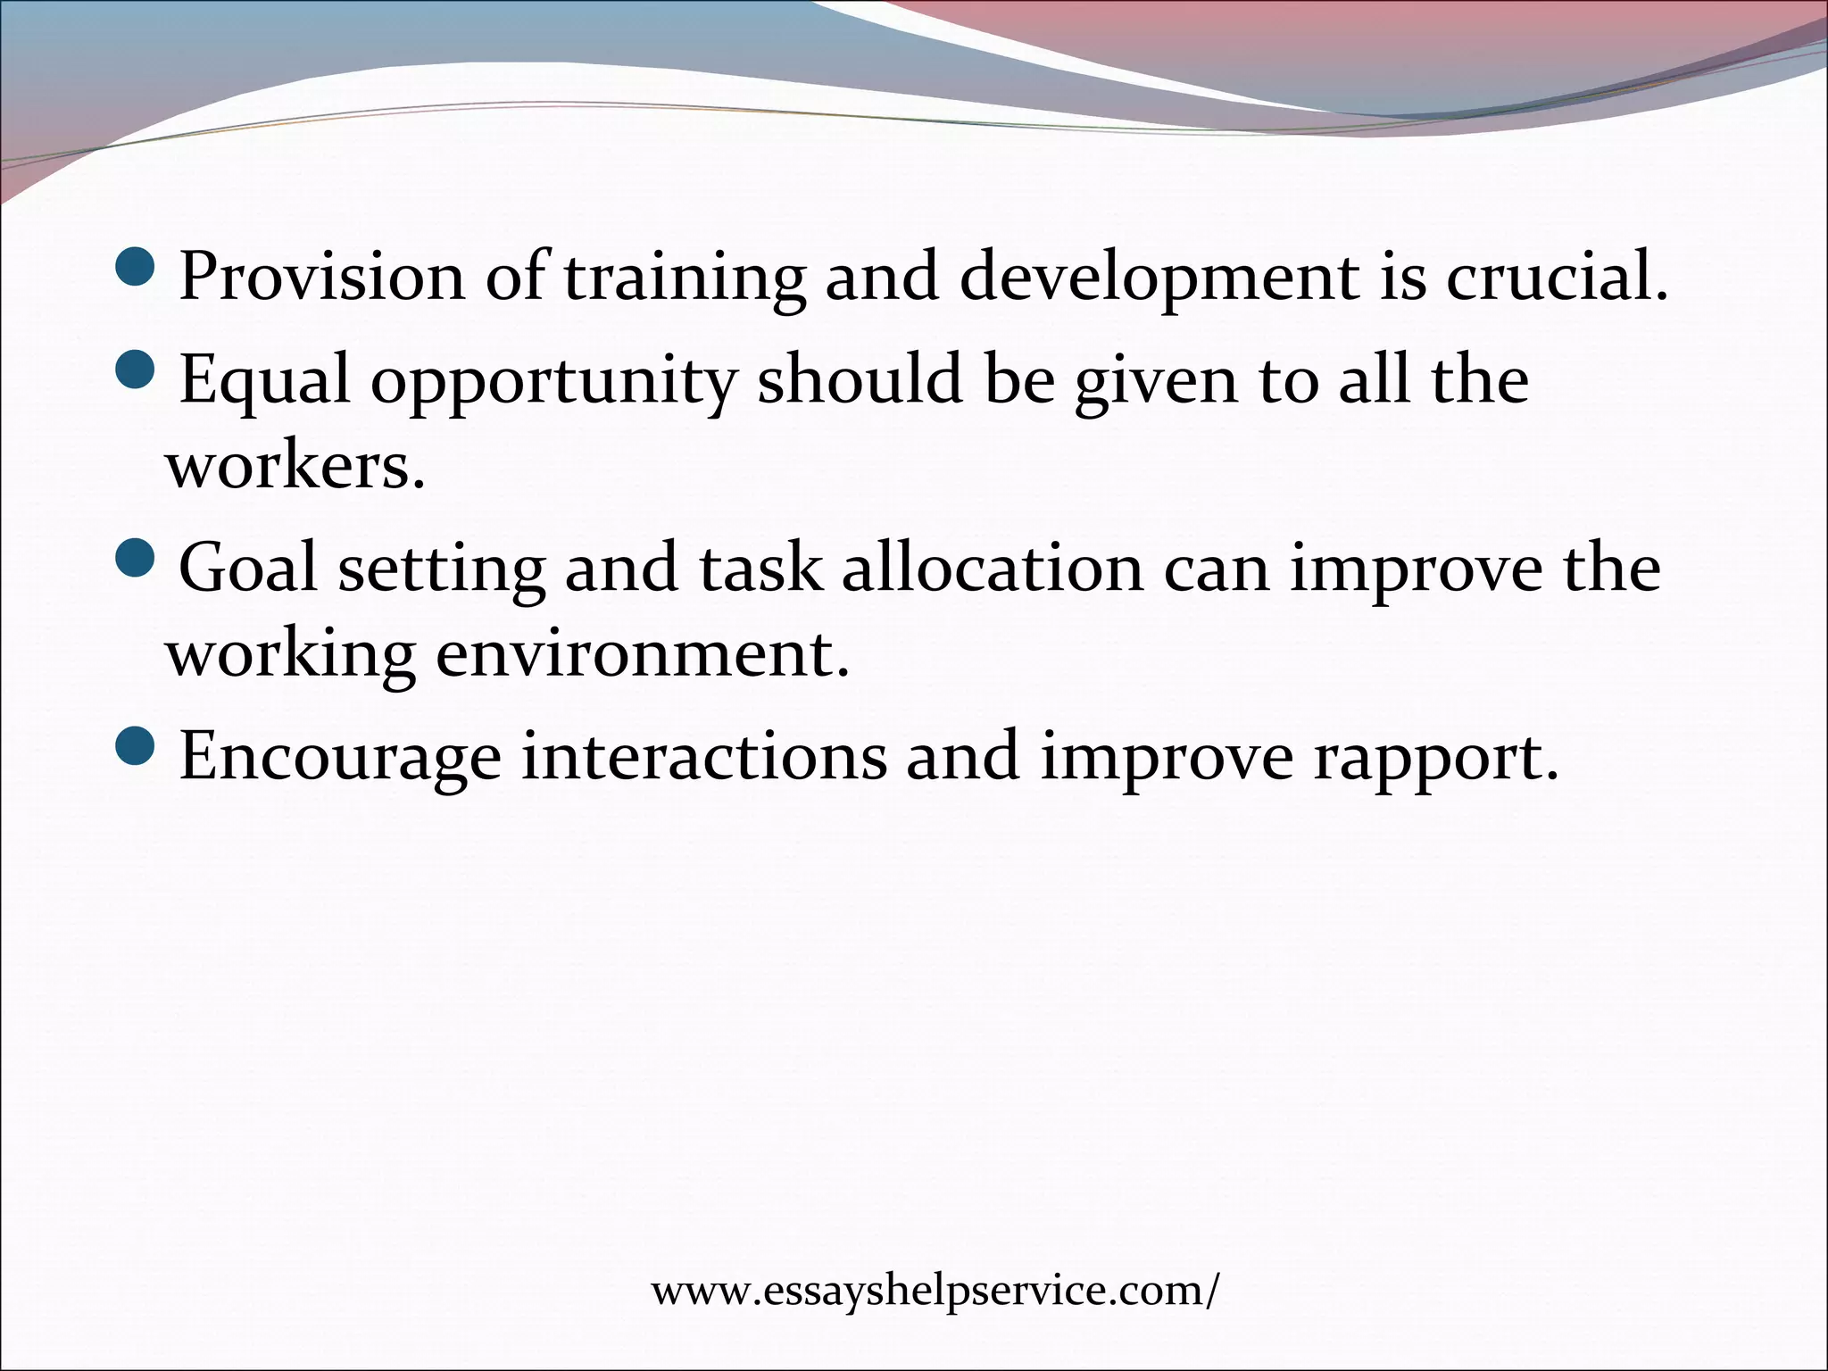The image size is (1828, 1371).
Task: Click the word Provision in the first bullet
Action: [x=321, y=277]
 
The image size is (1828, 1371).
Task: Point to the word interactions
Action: [x=704, y=756]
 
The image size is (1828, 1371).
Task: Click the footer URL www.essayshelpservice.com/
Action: [x=934, y=1291]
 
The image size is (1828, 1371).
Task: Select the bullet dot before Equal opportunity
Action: [x=136, y=368]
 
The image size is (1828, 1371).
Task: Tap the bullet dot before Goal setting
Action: [x=136, y=557]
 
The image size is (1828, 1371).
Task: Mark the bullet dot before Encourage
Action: [x=136, y=745]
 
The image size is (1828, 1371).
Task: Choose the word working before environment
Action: [x=291, y=656]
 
